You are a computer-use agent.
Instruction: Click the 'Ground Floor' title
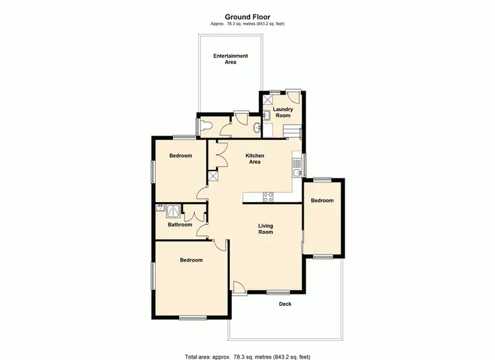coord(247,17)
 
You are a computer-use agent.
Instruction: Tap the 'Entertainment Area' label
coord(230,59)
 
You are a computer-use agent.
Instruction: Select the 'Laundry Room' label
coord(282,112)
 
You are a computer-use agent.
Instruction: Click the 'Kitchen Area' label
coord(255,159)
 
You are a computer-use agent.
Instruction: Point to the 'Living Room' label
coord(265,229)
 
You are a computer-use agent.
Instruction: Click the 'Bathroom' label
coord(180,225)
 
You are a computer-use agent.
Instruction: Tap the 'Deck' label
coord(285,305)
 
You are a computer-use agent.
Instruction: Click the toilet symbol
coord(205,125)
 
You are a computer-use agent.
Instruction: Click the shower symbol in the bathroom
coord(173,211)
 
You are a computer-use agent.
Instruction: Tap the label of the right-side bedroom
coord(323,201)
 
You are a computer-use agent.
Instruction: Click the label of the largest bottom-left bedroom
coord(191,260)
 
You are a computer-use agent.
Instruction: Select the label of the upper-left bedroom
coord(180,156)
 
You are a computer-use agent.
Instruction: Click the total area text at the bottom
coord(247,355)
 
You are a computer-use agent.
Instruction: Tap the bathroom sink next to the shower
coord(160,208)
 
